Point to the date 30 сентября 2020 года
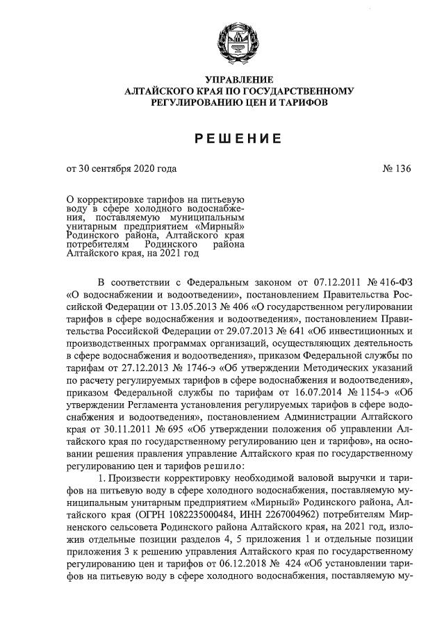127,168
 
